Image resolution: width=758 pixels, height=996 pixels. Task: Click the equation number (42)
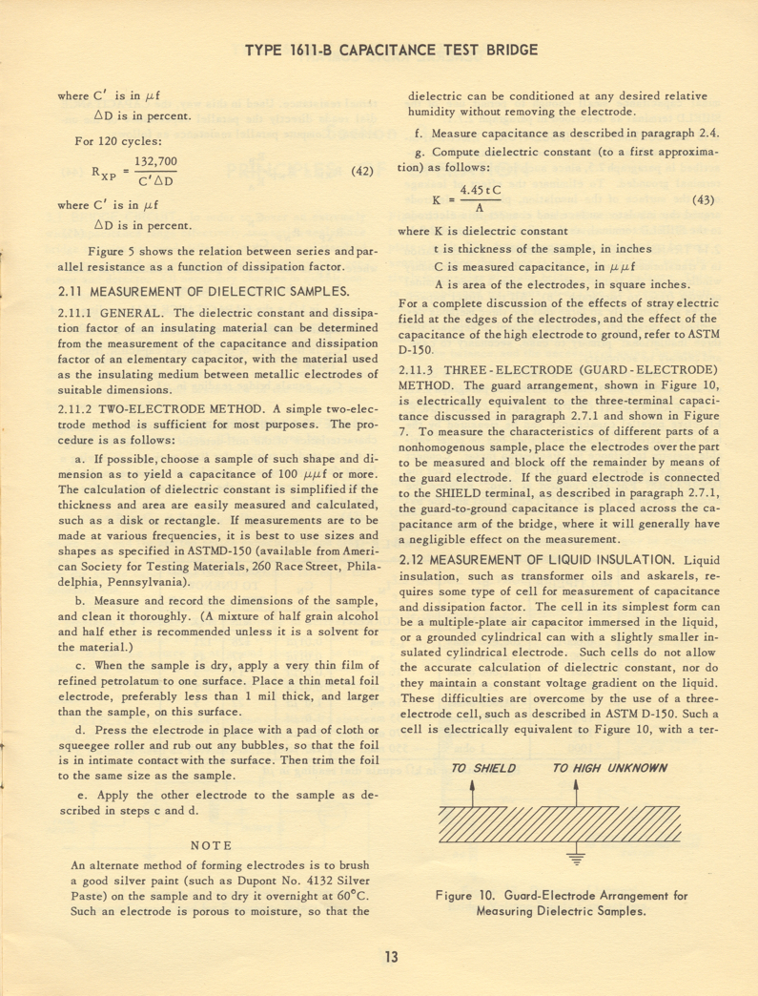point(361,172)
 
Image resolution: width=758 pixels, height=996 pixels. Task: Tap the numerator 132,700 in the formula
point(155,162)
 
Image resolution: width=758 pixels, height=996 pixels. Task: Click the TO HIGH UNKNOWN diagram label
point(609,768)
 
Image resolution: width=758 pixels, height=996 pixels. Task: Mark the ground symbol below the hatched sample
point(576,856)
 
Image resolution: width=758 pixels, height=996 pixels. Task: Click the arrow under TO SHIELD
point(474,792)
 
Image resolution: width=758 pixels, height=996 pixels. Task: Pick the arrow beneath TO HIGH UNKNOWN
point(576,792)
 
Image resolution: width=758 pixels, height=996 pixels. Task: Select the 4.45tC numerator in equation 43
point(481,191)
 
